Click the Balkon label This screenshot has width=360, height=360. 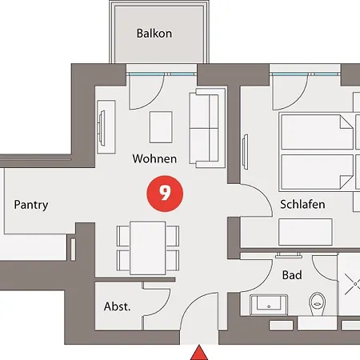[x=154, y=34]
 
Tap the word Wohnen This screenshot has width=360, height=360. [x=154, y=158]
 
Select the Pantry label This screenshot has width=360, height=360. [x=31, y=205]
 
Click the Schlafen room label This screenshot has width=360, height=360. [x=302, y=204]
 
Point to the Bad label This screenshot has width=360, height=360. [x=292, y=275]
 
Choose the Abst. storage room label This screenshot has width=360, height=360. [x=118, y=306]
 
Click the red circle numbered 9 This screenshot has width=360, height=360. [x=165, y=194]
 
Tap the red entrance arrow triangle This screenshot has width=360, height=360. [x=199, y=353]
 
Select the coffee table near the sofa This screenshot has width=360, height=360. [x=161, y=127]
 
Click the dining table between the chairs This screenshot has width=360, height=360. [x=148, y=248]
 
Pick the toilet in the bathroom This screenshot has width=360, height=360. [x=317, y=303]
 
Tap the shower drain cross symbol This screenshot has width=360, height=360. [x=354, y=284]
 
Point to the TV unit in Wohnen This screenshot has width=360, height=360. [x=106, y=126]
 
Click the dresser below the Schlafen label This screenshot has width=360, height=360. [x=306, y=232]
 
